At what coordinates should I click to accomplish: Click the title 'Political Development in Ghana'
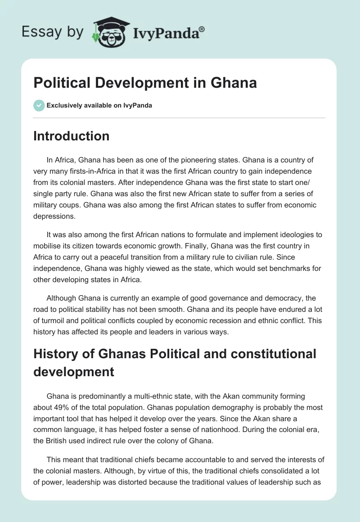(145, 83)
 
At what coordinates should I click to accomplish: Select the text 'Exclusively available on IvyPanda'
(99, 105)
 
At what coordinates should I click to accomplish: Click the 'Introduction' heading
(72, 136)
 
